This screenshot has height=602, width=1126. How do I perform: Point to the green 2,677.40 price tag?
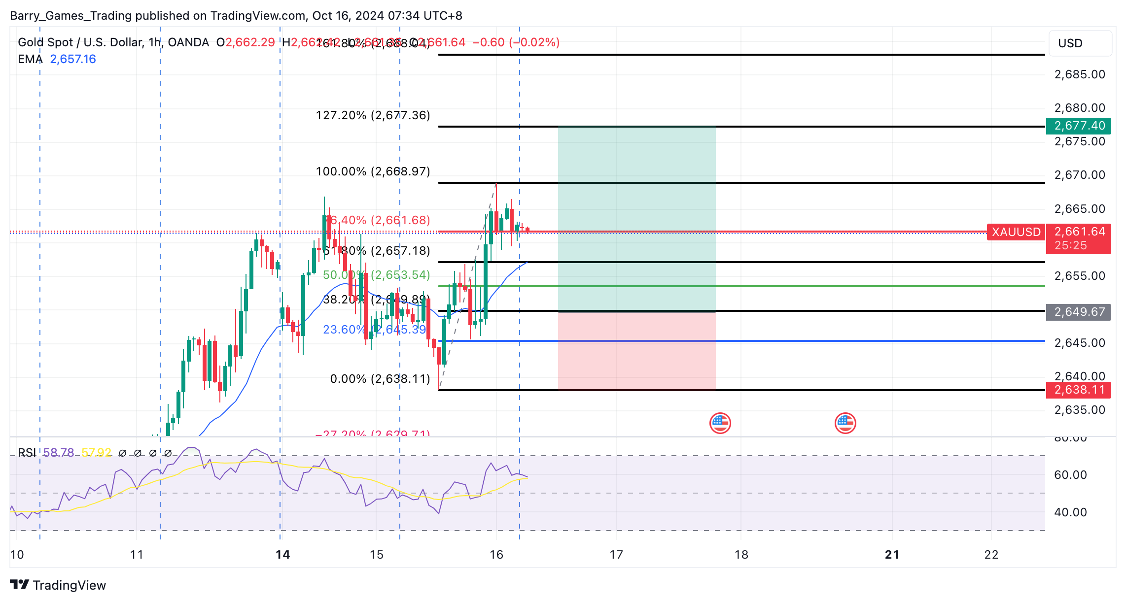click(x=1079, y=126)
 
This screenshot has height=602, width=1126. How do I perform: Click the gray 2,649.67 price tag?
click(x=1079, y=312)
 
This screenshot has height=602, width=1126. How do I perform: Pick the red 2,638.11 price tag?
click(x=1079, y=390)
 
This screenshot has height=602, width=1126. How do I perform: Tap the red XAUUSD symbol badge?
click(x=1016, y=232)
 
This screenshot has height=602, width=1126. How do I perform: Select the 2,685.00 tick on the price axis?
click(x=1080, y=74)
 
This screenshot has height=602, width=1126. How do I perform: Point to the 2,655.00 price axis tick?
click(x=1080, y=276)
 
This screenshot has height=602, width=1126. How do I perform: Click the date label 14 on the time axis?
click(x=282, y=555)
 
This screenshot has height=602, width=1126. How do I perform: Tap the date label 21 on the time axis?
click(x=892, y=555)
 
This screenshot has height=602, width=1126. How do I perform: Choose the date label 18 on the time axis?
click(x=741, y=555)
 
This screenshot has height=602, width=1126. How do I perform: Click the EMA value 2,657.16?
click(x=73, y=59)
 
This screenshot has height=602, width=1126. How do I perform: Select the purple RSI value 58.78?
click(x=58, y=452)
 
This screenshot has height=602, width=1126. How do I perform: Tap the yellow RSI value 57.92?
click(x=97, y=452)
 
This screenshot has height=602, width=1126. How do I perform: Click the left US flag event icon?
click(x=720, y=423)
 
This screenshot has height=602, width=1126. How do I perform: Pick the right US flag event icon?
click(x=845, y=423)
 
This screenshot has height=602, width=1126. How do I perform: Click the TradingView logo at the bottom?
click(x=58, y=585)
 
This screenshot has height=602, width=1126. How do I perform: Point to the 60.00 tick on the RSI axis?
click(x=1070, y=475)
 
